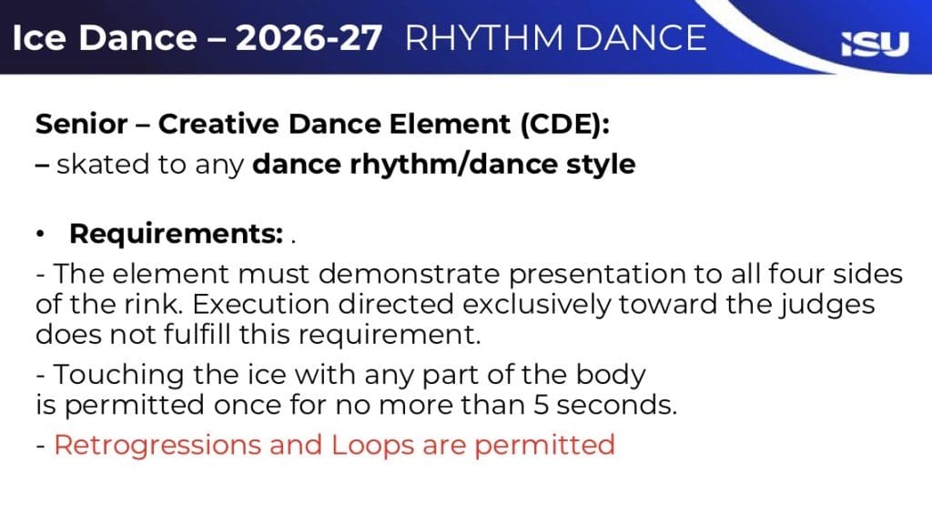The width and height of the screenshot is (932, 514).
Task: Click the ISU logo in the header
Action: click(875, 44)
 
